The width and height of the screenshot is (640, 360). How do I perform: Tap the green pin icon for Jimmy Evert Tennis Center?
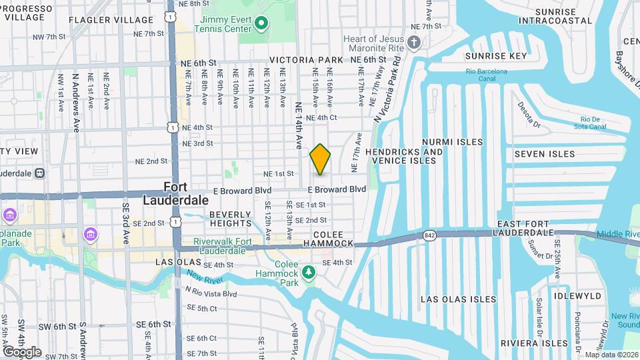(x=261, y=25)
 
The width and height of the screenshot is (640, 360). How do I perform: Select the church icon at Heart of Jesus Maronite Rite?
(x=414, y=45)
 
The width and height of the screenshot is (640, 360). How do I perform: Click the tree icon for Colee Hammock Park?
(x=308, y=272)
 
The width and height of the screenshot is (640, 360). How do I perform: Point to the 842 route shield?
(x=429, y=235)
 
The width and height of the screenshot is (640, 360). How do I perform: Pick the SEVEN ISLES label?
(x=544, y=154)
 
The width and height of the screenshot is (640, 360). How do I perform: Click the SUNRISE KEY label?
(x=495, y=56)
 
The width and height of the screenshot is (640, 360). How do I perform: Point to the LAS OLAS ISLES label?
(x=459, y=299)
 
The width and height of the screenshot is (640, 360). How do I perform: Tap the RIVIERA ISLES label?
(x=543, y=343)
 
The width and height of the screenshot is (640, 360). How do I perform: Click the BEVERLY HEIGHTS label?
(x=231, y=219)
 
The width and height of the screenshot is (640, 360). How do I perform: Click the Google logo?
(x=23, y=351)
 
